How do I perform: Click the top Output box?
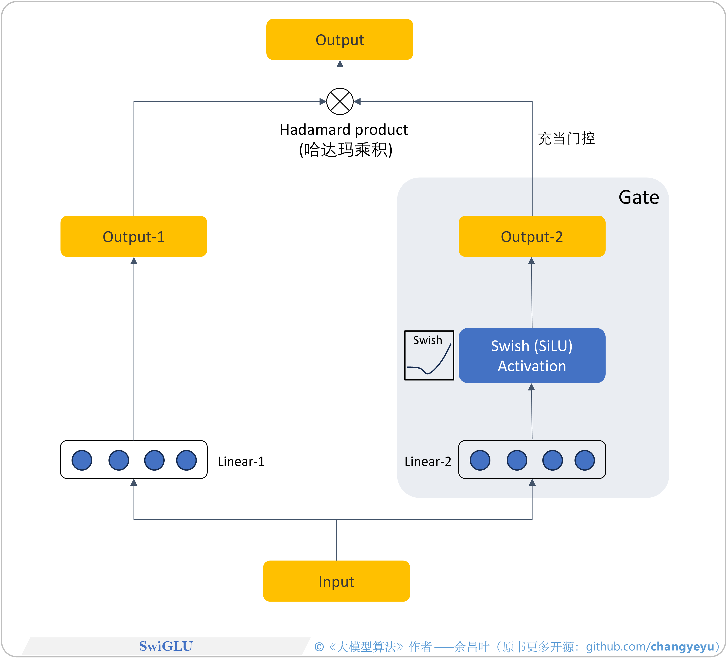coord(340,39)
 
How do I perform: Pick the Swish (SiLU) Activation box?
coord(532,355)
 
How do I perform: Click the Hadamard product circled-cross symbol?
coord(340,101)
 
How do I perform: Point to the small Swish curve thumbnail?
coord(429,355)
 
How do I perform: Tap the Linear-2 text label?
coord(428,461)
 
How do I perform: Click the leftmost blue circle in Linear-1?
coord(82,460)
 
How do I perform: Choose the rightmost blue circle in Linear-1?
coord(186,460)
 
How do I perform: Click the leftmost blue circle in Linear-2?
coord(480,460)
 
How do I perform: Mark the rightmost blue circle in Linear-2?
coord(585,460)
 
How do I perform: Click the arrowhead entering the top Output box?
coord(340,64)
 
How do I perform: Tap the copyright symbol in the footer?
coord(319,647)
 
